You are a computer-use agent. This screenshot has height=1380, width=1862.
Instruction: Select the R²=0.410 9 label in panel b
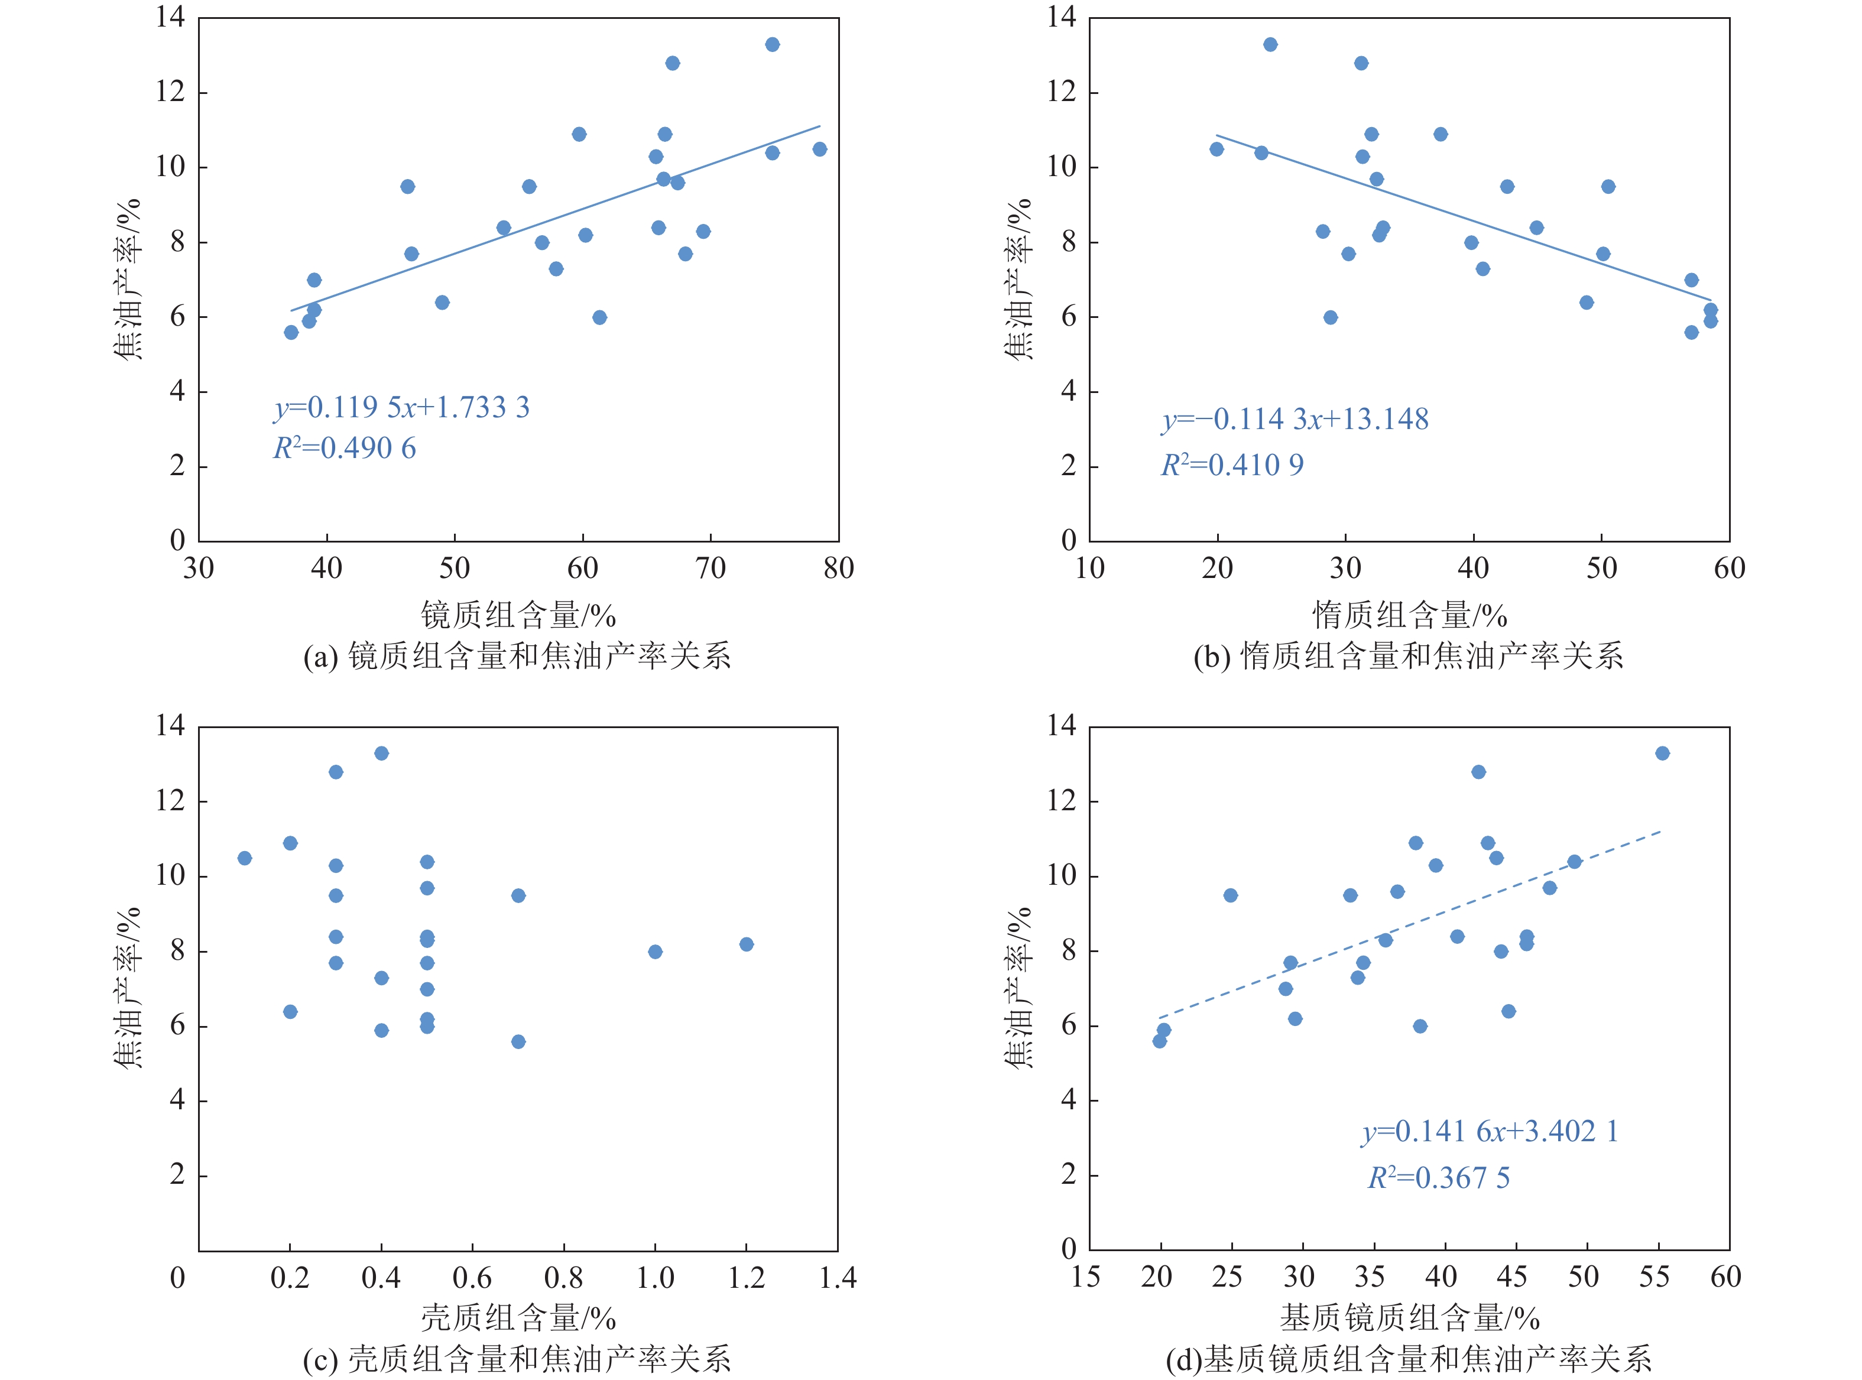click(x=1232, y=465)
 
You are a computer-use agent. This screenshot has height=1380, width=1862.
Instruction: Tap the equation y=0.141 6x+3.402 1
click(x=1490, y=1131)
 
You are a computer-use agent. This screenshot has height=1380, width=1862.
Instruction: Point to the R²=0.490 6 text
click(x=344, y=449)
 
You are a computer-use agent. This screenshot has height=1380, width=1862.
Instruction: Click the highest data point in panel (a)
click(x=772, y=44)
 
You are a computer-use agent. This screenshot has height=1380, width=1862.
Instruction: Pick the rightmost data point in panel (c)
click(x=746, y=944)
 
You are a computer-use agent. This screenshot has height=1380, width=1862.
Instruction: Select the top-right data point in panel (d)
click(x=1662, y=754)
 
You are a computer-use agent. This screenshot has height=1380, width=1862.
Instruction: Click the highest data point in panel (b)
click(x=1270, y=44)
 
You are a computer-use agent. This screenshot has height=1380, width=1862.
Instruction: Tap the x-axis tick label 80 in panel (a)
click(x=838, y=569)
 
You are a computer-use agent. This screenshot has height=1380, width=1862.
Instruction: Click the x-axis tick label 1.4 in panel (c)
click(x=838, y=1278)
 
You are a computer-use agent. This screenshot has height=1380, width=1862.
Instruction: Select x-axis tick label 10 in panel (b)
click(x=1089, y=569)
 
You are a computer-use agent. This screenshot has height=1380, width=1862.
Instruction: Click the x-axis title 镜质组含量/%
click(x=518, y=616)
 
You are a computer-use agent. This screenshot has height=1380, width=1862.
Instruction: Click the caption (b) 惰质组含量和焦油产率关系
click(x=1409, y=657)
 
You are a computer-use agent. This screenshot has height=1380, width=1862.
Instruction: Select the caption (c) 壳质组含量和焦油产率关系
click(x=517, y=1359)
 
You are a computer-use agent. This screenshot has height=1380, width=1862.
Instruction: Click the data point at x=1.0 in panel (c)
click(x=655, y=952)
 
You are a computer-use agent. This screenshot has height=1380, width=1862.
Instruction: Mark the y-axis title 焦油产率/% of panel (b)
click(x=1018, y=280)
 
